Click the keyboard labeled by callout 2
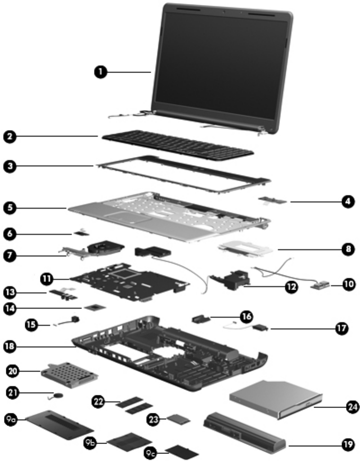[x=178, y=144]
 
